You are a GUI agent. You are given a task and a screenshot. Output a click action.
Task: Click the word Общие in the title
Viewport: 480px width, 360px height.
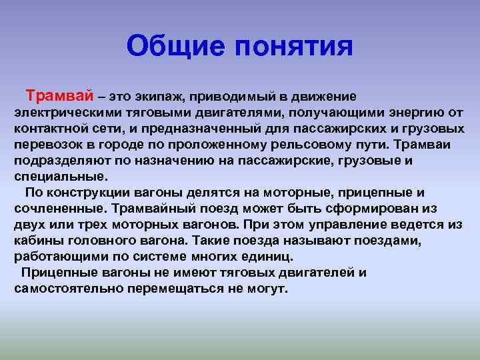click(176, 47)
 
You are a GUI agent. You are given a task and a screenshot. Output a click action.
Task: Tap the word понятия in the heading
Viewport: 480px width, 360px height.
click(294, 47)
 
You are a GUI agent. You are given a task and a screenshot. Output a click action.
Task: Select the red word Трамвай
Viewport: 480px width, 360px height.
click(60, 96)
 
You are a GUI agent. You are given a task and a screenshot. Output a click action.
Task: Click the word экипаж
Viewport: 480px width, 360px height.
click(160, 97)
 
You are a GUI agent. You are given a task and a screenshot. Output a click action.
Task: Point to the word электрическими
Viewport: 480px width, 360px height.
click(68, 113)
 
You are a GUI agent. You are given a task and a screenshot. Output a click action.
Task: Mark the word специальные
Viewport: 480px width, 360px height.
click(60, 177)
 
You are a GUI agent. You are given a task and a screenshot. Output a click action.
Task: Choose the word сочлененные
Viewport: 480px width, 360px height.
click(60, 209)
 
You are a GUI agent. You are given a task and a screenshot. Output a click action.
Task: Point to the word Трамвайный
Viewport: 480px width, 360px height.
click(154, 209)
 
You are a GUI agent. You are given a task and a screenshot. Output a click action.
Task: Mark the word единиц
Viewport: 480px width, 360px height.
click(267, 257)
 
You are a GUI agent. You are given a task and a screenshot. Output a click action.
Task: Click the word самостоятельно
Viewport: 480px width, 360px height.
click(68, 289)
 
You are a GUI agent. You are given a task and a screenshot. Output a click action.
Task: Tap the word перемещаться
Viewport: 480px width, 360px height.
click(175, 289)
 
